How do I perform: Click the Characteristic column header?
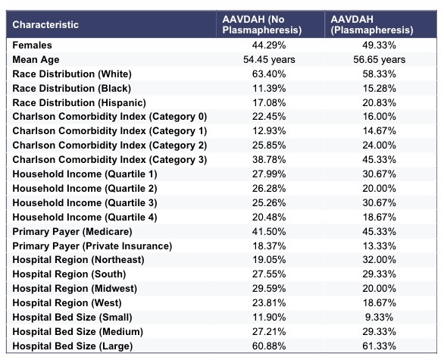(x=45, y=25)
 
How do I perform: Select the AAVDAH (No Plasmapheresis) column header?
(x=262, y=25)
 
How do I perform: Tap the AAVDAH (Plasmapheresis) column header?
(x=372, y=25)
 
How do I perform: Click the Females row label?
(x=33, y=45)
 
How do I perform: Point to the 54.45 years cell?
(x=269, y=60)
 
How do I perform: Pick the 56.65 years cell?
(x=379, y=60)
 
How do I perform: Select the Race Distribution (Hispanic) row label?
(x=80, y=103)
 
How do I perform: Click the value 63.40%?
(x=269, y=74)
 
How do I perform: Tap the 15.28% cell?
(x=379, y=89)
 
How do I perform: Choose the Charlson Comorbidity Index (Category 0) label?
(x=110, y=117)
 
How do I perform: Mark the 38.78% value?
(x=269, y=160)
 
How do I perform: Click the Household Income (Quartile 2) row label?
(x=85, y=189)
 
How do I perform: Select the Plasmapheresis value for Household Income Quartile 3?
(x=379, y=203)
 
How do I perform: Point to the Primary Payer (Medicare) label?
(x=72, y=232)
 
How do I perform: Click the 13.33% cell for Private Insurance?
(x=379, y=246)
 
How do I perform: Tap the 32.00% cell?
(x=379, y=260)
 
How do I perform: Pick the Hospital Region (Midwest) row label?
(x=75, y=289)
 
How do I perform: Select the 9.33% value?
(x=379, y=318)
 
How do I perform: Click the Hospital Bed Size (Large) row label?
(x=73, y=346)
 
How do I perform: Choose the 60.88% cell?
(x=269, y=346)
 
